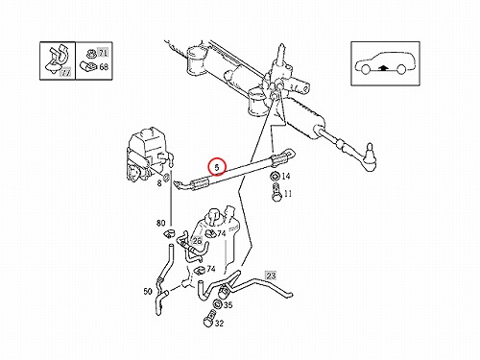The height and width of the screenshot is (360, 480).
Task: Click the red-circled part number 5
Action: click(217, 167)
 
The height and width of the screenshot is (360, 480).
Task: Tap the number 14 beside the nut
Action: click(286, 176)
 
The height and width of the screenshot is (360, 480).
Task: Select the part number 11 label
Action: click(288, 194)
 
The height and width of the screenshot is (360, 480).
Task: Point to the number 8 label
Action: click(159, 183)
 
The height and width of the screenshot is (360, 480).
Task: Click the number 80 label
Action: click(160, 223)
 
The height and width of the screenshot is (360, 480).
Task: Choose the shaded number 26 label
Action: click(197, 240)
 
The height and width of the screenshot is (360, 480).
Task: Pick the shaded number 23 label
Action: click(271, 276)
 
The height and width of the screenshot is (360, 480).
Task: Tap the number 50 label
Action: click(148, 292)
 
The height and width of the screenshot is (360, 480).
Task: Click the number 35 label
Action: click(228, 305)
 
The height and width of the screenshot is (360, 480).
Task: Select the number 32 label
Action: click(219, 324)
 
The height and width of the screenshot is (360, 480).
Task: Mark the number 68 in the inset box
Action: click(104, 67)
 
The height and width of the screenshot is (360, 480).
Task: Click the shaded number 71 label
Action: click(103, 53)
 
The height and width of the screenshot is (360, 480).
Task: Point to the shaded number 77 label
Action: click(65, 73)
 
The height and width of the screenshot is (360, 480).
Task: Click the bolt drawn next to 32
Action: click(208, 319)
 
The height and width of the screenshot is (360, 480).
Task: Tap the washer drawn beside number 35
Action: click(217, 303)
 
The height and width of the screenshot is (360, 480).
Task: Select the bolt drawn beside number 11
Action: click(276, 193)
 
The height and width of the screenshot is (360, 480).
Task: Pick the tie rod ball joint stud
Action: click(370, 151)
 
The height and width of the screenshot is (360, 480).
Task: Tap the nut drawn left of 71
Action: click(90, 53)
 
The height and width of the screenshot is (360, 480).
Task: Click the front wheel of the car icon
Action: click(365, 69)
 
